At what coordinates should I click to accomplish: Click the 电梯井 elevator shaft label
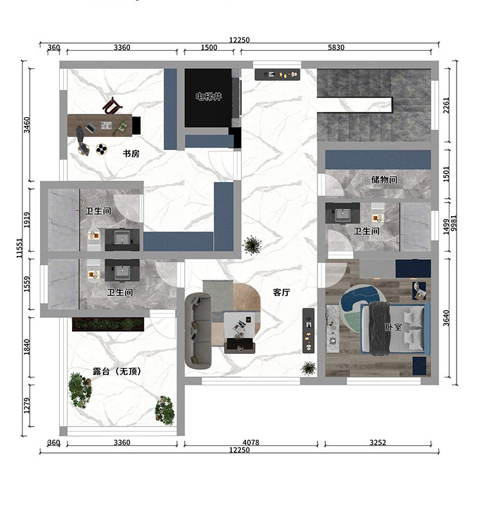tap(209, 96)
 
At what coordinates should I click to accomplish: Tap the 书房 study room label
tap(131, 154)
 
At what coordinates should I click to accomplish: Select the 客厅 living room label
tap(281, 292)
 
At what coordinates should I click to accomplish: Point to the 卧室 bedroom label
tap(393, 327)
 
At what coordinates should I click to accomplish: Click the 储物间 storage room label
tap(384, 179)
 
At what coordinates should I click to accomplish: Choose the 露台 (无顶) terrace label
tap(117, 371)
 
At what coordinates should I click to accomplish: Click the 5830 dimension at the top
tap(336, 48)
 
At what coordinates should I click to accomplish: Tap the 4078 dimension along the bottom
tap(251, 443)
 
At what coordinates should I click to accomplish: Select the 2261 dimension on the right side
tap(446, 105)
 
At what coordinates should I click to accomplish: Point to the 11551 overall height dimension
tap(19, 248)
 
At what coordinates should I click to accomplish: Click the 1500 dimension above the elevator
tap(209, 48)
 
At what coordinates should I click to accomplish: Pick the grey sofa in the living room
tap(198, 331)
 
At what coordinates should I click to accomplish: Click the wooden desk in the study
tap(100, 125)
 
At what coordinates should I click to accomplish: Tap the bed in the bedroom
tap(395, 329)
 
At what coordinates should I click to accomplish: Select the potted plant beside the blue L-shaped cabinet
tap(252, 244)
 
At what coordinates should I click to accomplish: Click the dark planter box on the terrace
tap(108, 324)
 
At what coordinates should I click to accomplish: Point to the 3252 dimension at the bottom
tap(377, 443)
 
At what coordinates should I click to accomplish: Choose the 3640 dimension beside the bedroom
tap(446, 318)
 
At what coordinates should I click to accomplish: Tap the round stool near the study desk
tap(101, 149)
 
